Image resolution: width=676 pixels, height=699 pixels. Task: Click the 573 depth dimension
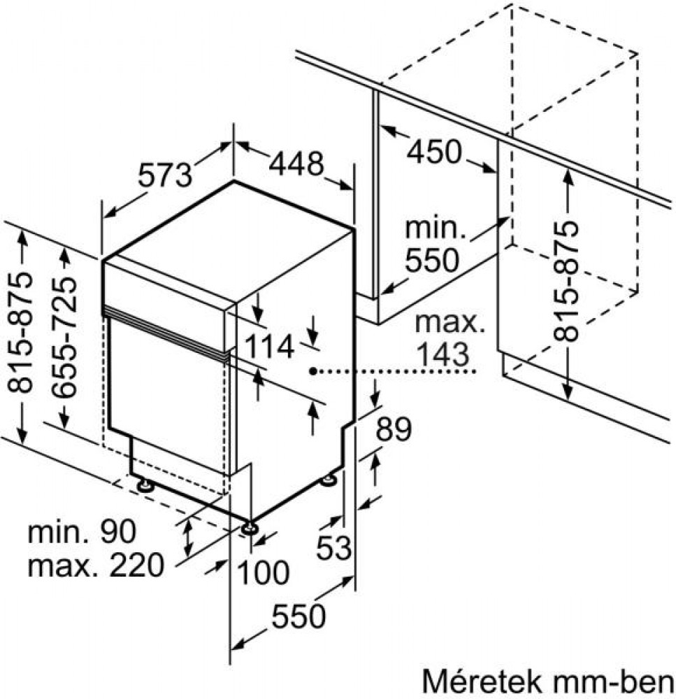[x=165, y=175]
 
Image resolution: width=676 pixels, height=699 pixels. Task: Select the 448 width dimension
[x=296, y=164]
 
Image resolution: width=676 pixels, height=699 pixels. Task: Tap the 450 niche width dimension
[x=433, y=152]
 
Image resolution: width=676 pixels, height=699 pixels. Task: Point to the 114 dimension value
[x=269, y=347]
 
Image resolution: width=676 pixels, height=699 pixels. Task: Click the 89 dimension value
[x=394, y=429]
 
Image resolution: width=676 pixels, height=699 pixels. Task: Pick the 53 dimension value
[x=334, y=547]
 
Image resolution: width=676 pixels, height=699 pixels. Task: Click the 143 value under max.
[x=443, y=354]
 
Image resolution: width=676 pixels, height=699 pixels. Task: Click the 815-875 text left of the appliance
[x=20, y=332]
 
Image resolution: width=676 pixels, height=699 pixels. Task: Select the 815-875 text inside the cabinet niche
[x=566, y=280]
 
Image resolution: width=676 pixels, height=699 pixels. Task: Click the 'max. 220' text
[x=96, y=565]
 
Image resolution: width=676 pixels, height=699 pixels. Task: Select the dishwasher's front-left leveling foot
[x=144, y=484]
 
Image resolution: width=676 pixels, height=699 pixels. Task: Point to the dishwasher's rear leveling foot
[x=329, y=480]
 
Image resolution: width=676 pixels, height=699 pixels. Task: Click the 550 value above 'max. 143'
[x=431, y=260]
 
